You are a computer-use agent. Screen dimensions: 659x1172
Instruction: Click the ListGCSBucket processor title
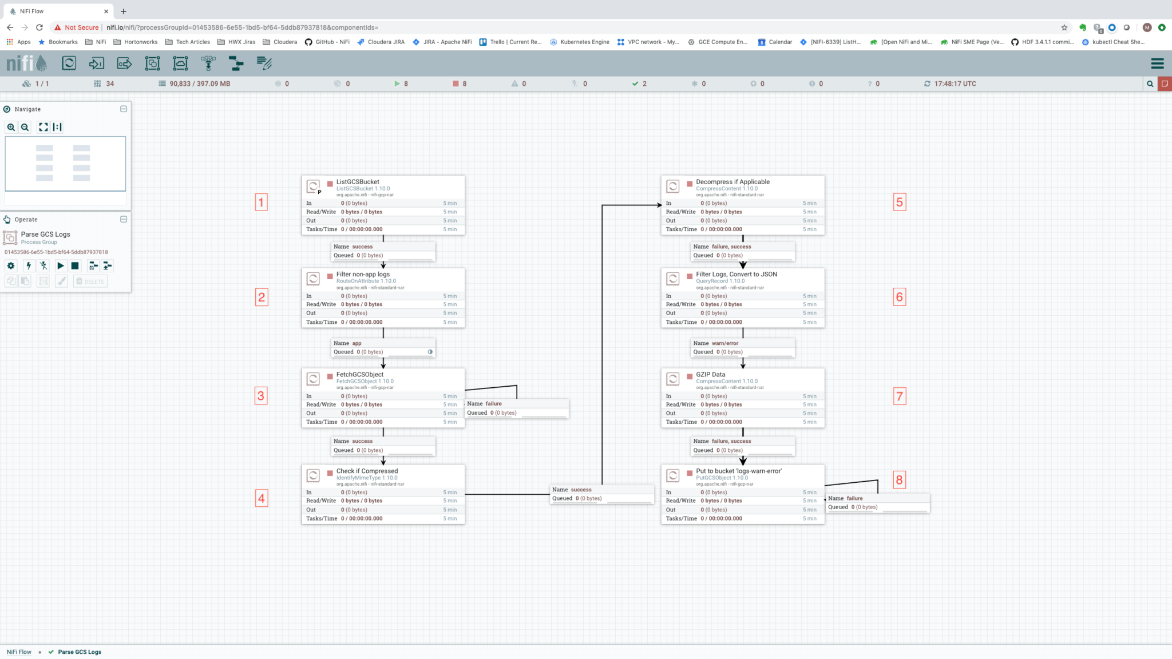[358, 182]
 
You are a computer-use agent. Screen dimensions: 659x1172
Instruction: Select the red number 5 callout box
[899, 202]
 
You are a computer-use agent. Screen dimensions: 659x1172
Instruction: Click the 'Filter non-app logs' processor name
[363, 275]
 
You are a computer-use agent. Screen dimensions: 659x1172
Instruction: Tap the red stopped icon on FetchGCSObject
[330, 376]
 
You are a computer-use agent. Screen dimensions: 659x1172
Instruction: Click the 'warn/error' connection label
[724, 343]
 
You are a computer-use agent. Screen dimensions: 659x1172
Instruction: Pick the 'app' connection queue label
[357, 343]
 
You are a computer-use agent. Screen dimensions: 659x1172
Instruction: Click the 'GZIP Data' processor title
[710, 375]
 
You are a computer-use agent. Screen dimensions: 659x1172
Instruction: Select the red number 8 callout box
[899, 480]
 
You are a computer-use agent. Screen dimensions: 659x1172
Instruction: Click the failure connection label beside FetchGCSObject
[493, 404]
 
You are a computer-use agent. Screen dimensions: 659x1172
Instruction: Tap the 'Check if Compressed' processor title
[367, 471]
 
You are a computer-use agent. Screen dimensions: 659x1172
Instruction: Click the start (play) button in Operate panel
[60, 266]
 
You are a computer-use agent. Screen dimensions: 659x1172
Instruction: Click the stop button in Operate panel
[75, 266]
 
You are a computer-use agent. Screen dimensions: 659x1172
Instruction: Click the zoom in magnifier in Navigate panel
[11, 128]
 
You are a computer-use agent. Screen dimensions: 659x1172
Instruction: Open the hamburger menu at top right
[1157, 63]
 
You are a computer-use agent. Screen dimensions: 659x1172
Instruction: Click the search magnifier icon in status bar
[1150, 84]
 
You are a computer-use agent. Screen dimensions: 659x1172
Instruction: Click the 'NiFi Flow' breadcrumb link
[19, 652]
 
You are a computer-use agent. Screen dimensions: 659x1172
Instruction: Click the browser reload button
[39, 27]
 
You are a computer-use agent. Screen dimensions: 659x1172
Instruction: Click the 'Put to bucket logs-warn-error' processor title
[738, 471]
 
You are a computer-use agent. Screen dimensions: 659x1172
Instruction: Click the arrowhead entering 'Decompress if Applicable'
[658, 205]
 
